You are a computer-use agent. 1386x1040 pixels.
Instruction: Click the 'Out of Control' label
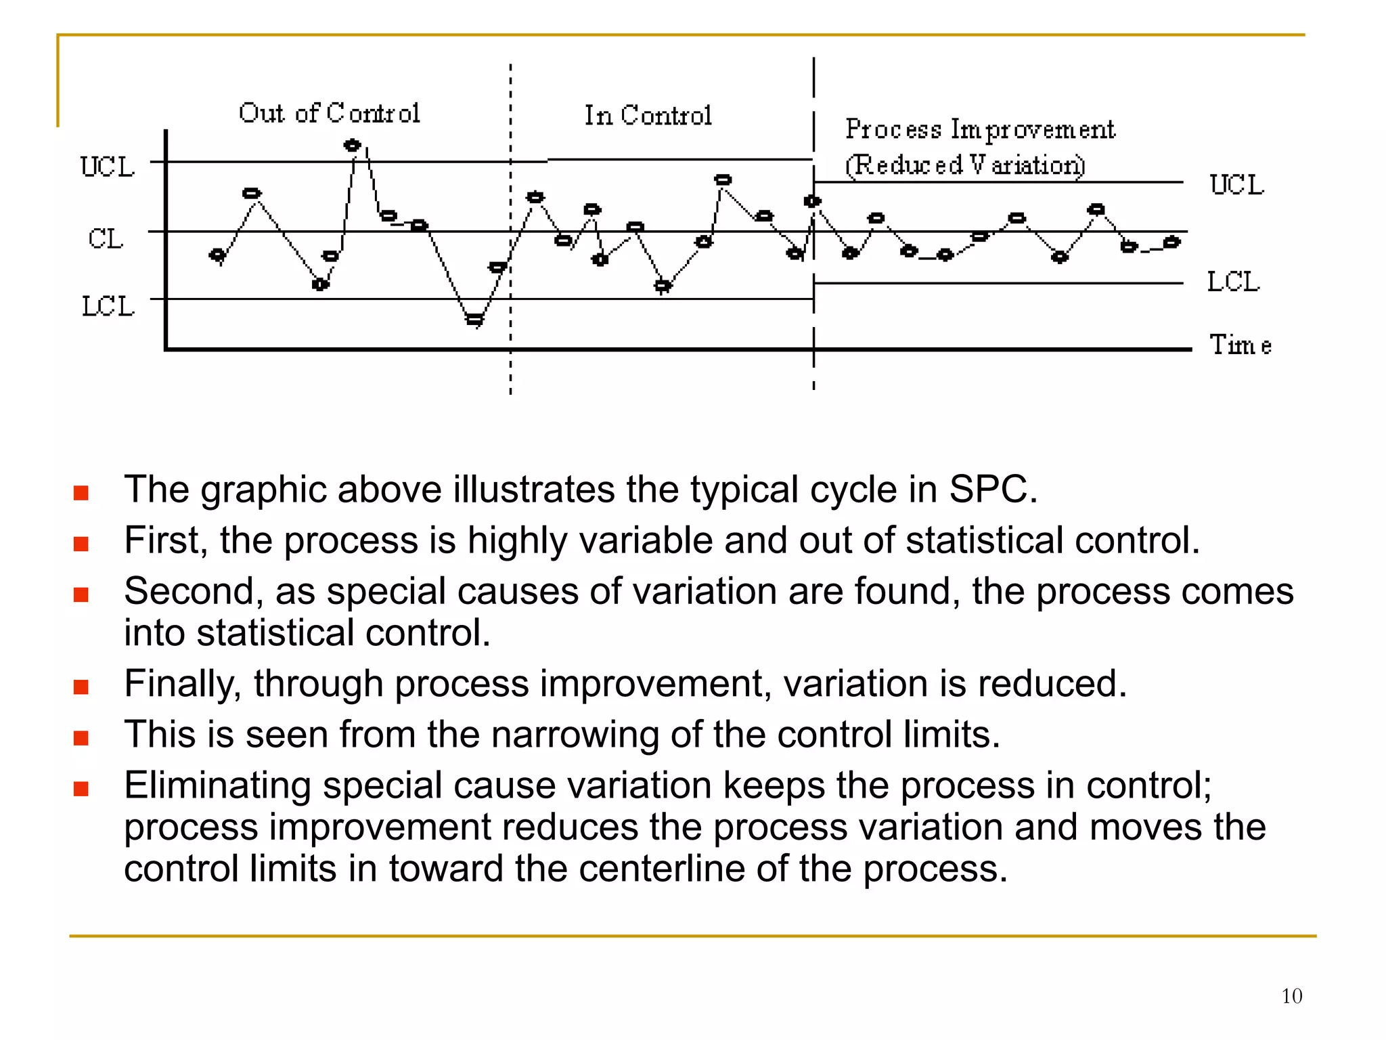coord(330,113)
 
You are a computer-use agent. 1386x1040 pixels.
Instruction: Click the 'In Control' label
coord(648,116)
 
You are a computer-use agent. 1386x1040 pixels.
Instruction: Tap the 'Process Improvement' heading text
coord(980,129)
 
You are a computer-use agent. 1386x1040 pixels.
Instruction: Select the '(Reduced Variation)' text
coord(965,165)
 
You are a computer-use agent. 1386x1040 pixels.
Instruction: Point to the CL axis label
coord(106,239)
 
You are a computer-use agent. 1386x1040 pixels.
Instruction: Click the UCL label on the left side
coord(108,167)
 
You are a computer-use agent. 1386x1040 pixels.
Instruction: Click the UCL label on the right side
coord(1236,185)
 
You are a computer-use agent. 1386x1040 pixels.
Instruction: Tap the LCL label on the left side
coord(108,307)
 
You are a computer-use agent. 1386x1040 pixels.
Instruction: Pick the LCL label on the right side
coord(1233,282)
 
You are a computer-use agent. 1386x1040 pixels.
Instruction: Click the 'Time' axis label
coord(1240,345)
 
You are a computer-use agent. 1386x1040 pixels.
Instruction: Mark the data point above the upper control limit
coord(352,146)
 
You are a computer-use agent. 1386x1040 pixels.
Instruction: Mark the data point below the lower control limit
coord(475,319)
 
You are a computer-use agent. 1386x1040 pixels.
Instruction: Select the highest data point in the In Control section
coord(723,180)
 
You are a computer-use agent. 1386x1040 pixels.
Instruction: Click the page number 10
coord(1291,996)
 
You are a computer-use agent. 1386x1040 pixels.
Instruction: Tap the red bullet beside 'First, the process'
coord(81,544)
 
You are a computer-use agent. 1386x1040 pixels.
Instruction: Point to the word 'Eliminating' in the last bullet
coord(217,785)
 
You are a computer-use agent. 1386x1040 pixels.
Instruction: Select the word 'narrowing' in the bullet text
coord(575,735)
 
